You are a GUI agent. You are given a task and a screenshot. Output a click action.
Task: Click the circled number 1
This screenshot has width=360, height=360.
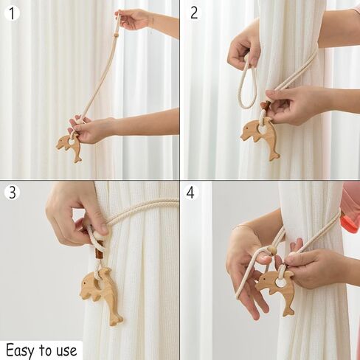click(x=11, y=12)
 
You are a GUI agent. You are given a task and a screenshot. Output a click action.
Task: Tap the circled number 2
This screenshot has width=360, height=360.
click(x=194, y=12)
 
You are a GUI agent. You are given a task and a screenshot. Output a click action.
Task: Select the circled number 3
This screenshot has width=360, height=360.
click(x=11, y=193)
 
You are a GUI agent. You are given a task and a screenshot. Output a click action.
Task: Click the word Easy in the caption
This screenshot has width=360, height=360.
click(x=21, y=349)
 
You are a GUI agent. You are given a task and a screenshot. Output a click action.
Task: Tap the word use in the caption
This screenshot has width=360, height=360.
click(x=66, y=349)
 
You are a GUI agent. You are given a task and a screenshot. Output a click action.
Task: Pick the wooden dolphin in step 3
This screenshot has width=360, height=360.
click(x=102, y=292)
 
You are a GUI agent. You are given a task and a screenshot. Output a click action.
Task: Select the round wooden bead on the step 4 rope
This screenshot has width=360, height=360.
click(x=271, y=251)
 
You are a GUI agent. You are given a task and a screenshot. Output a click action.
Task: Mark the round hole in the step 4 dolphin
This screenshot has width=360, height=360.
click(x=281, y=282)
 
